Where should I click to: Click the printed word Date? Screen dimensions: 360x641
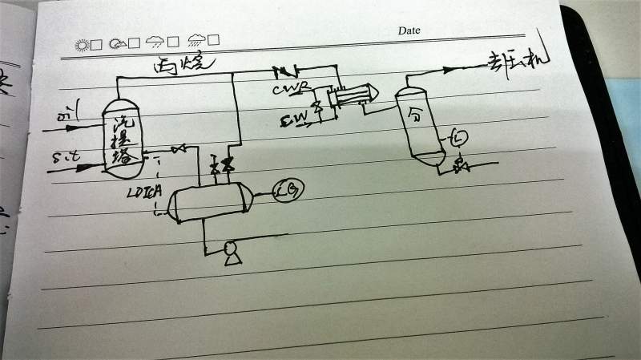(x=409, y=30)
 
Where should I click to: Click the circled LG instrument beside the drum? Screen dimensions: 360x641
(x=285, y=192)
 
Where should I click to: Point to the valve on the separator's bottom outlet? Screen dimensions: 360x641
(x=460, y=166)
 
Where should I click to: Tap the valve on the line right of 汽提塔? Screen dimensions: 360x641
(x=179, y=149)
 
